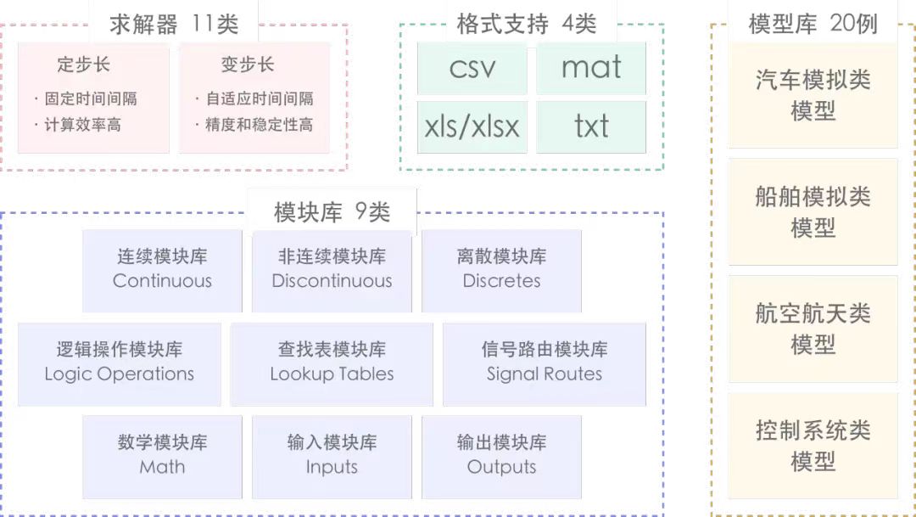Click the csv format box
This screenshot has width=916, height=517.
click(472, 67)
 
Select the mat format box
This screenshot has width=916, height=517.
click(591, 67)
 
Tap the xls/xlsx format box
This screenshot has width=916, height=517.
click(472, 126)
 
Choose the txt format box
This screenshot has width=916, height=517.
click(591, 126)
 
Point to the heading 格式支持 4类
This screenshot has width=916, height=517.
click(526, 24)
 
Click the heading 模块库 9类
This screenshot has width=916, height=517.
click(332, 211)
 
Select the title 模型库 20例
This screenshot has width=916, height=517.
click(813, 24)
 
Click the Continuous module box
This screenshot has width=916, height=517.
click(162, 269)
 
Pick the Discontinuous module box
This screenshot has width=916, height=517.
click(332, 269)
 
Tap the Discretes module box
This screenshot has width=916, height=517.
click(501, 269)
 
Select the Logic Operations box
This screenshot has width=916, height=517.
click(120, 362)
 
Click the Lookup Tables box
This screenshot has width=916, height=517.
click(332, 362)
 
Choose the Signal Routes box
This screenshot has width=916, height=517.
click(545, 362)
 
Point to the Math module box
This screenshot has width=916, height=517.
click(162, 455)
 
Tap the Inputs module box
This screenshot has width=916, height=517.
click(332, 455)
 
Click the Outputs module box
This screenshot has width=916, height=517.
click(501, 455)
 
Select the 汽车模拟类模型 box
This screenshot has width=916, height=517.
click(813, 95)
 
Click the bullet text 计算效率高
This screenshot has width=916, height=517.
click(82, 125)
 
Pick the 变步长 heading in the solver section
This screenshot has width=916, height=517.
click(248, 65)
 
